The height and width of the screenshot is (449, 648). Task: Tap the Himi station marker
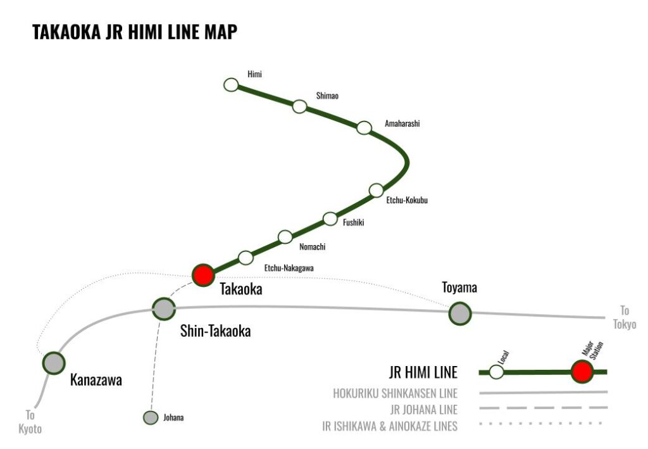pos(231,85)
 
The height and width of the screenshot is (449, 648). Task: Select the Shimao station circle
pos(299,106)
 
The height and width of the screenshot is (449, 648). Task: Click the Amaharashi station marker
pos(363,127)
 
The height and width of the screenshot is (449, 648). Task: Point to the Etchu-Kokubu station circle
pos(376,190)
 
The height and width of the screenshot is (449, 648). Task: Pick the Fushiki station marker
pos(330,218)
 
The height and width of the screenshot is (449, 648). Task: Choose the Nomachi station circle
pos(285,237)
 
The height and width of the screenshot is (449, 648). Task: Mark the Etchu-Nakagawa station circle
pos(246,257)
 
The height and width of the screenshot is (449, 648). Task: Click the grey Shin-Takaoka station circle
pos(163,309)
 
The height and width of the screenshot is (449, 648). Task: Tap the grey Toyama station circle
pos(460,313)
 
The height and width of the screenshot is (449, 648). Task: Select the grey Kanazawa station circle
pos(54,363)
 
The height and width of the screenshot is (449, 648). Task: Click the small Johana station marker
pos(151,417)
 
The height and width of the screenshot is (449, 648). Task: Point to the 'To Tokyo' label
pos(624,318)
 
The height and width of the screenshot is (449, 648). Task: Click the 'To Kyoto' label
pos(29,422)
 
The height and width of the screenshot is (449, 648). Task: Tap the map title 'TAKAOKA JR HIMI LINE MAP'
pos(134,32)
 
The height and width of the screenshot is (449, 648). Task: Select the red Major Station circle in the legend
pos(581,372)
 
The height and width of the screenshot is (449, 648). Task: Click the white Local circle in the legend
pos(497,372)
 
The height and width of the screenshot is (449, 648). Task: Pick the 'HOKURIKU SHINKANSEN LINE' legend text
pos(395,393)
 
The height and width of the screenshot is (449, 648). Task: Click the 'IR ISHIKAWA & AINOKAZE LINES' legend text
pos(389,426)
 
